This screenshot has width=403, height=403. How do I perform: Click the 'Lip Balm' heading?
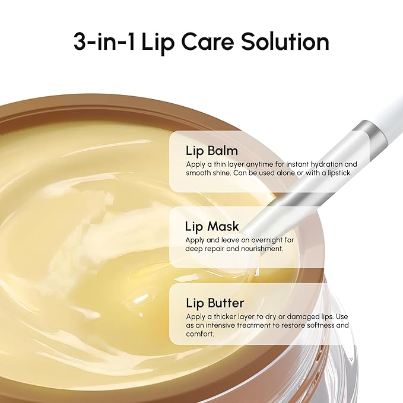pyautogui.click(x=212, y=150)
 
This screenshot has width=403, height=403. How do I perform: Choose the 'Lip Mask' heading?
pyautogui.click(x=212, y=226)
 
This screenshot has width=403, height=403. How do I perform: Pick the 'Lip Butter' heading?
pyautogui.click(x=215, y=303)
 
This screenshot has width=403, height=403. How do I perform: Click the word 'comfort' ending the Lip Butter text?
pyautogui.click(x=200, y=334)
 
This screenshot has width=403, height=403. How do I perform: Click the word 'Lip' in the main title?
pyautogui.click(x=156, y=42)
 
